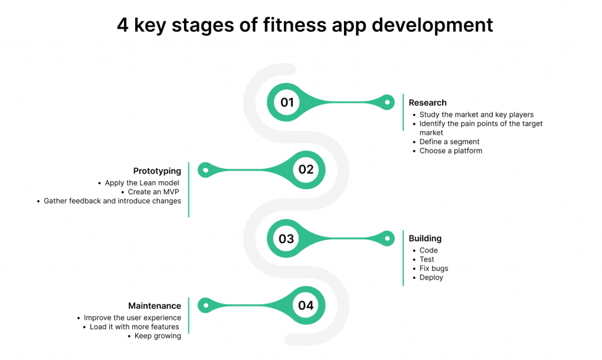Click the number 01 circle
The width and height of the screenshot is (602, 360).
[x=287, y=102]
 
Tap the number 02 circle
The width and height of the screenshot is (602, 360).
[x=306, y=169]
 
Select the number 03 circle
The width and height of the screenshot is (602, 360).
[x=286, y=239]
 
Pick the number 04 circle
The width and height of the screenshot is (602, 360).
[x=306, y=305]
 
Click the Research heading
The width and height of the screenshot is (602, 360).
[x=427, y=102]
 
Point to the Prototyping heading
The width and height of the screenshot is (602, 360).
[x=157, y=171]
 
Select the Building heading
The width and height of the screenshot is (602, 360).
[x=425, y=238]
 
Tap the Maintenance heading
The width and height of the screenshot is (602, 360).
[x=155, y=306]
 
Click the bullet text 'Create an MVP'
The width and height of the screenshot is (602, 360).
[x=153, y=192]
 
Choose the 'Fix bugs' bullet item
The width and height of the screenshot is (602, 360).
[x=434, y=268]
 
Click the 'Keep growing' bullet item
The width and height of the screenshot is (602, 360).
[x=158, y=336]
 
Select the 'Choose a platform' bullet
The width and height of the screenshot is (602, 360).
[x=451, y=151]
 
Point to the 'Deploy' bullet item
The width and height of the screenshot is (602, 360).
[x=431, y=278]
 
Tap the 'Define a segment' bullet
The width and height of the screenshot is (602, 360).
[x=449, y=142]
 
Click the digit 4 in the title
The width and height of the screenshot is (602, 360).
[x=122, y=25]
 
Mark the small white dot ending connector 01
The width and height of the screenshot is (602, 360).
[x=387, y=102]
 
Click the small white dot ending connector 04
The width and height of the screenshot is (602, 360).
[x=206, y=305]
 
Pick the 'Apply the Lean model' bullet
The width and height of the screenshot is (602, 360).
[x=142, y=183]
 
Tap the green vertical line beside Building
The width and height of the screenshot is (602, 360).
[x=403, y=258]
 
